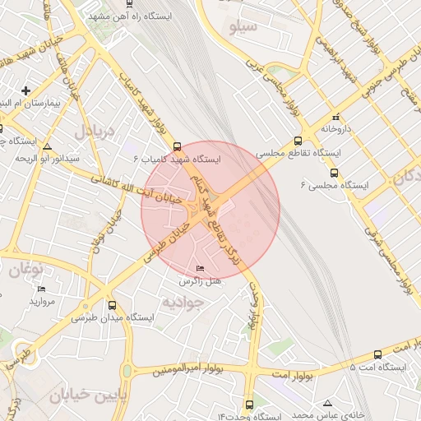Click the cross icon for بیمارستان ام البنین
26,91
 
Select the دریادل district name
91,131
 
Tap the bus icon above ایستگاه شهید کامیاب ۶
178,146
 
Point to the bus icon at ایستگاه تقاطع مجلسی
298,140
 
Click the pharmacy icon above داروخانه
335,118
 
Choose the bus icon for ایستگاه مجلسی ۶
334,173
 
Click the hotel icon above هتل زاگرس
200,269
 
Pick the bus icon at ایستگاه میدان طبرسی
112,304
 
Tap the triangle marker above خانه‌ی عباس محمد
327,403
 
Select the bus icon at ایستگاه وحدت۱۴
249,405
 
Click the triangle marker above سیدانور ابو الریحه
47,146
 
